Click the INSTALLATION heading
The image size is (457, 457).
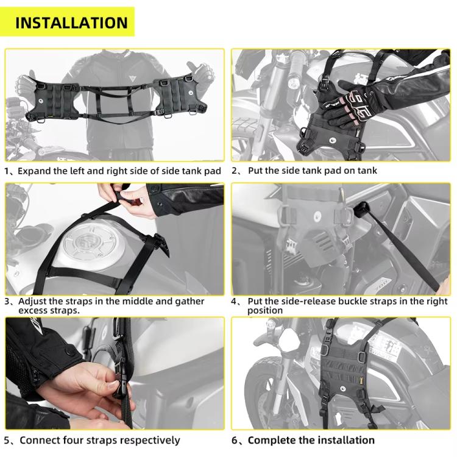pos(71,23)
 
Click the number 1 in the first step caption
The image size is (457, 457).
pos(7,171)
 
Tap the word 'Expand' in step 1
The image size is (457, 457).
pos(34,171)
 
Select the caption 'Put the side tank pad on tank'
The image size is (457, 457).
pos(312,171)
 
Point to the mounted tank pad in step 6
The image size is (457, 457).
pos(345,372)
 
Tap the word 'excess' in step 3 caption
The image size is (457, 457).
pos(35,311)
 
